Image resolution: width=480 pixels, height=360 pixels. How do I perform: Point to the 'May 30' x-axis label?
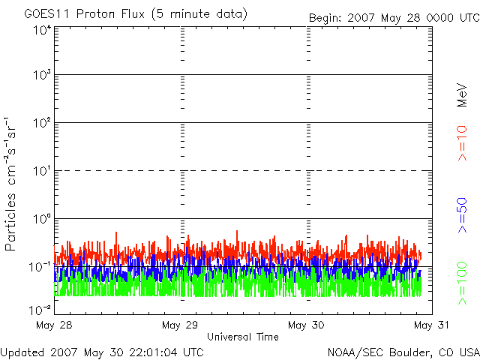306,325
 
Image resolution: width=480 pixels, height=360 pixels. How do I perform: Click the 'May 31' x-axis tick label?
431,325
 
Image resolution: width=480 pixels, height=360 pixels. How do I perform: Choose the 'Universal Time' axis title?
242,337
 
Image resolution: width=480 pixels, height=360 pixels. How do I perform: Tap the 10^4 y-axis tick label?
42,30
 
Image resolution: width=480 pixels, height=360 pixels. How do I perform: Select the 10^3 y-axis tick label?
42,75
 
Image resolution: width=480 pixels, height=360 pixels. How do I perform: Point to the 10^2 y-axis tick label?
42,123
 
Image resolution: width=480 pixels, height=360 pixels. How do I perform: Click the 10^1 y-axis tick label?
42,171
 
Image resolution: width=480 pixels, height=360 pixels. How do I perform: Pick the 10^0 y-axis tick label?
42,219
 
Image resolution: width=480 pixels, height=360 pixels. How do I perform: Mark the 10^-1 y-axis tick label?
40,266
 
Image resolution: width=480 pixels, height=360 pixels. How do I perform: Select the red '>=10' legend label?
462,143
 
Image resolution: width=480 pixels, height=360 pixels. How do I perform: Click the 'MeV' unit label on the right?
462,95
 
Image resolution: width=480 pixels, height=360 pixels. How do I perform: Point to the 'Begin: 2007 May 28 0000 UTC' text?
394,17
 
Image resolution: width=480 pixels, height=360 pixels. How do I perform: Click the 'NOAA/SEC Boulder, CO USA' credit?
403,352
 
